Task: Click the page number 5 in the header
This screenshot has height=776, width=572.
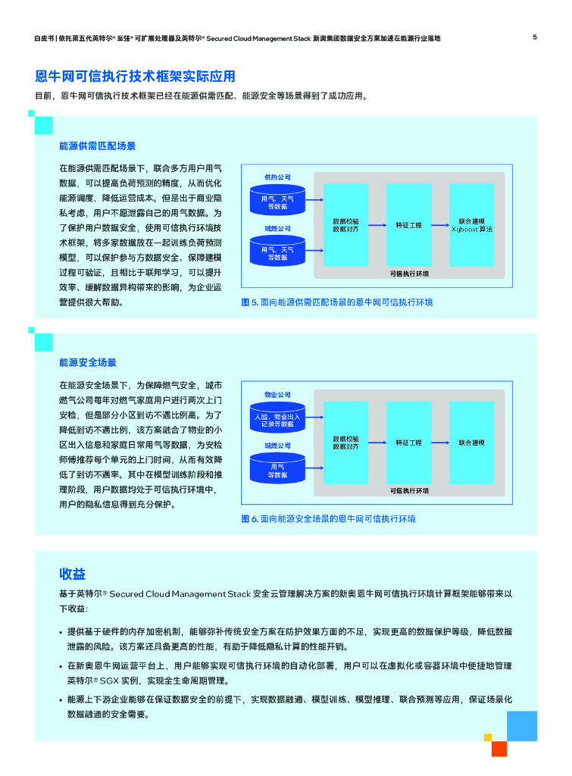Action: (x=535, y=36)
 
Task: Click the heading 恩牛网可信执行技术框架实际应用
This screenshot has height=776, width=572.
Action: (x=136, y=77)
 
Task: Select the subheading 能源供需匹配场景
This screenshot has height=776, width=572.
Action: (x=98, y=145)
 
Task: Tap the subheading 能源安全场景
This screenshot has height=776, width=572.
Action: (x=88, y=363)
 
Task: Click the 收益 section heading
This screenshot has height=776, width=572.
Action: (x=73, y=574)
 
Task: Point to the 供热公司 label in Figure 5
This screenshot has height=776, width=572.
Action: (x=277, y=177)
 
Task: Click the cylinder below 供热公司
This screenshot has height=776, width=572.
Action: (x=277, y=202)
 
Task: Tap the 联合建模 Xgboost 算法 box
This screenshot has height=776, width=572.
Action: (x=471, y=224)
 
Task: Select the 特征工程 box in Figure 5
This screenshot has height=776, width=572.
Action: (x=408, y=225)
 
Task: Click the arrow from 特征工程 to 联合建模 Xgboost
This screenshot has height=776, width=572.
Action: (x=440, y=225)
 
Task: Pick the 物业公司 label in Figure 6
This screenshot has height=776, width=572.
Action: (x=277, y=395)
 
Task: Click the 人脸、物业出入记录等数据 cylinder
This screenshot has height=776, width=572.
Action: (x=277, y=419)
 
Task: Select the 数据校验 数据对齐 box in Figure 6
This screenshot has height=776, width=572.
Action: (x=345, y=443)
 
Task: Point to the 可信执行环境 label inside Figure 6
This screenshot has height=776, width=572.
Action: (x=409, y=491)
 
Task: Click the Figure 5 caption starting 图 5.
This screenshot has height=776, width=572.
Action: (x=337, y=302)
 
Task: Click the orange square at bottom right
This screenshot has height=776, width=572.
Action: (x=499, y=749)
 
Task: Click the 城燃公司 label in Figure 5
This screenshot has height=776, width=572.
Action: (x=277, y=228)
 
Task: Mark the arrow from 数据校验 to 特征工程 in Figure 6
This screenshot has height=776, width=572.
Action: (x=377, y=443)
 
